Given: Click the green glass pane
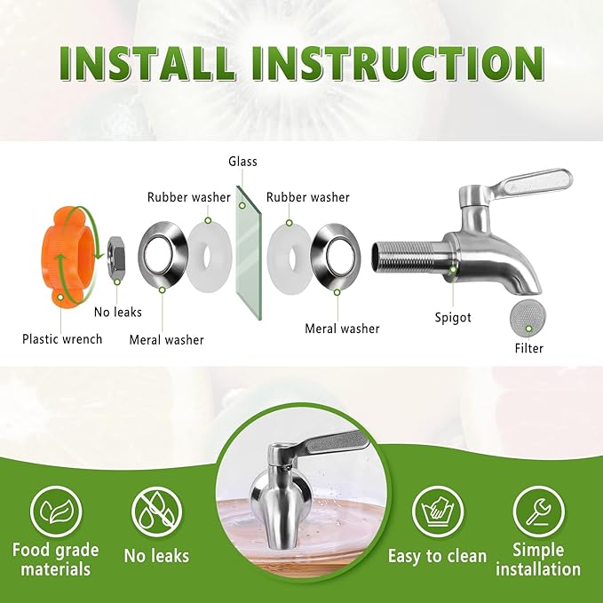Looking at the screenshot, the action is click(x=248, y=253).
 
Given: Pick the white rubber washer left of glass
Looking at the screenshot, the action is click(x=209, y=258).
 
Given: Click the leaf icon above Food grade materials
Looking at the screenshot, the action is click(x=56, y=512).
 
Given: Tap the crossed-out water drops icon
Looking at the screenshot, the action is click(x=156, y=512).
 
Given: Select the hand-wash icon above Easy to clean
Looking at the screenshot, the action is click(x=438, y=512).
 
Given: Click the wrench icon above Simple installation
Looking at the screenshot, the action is click(x=539, y=512).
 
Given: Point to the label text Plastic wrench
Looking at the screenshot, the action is click(x=62, y=339).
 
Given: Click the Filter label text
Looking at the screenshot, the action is click(x=529, y=348).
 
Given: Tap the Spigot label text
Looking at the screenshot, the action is click(x=453, y=318).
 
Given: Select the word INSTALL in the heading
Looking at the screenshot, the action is click(x=147, y=63).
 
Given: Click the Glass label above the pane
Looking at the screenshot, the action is click(x=242, y=162).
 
